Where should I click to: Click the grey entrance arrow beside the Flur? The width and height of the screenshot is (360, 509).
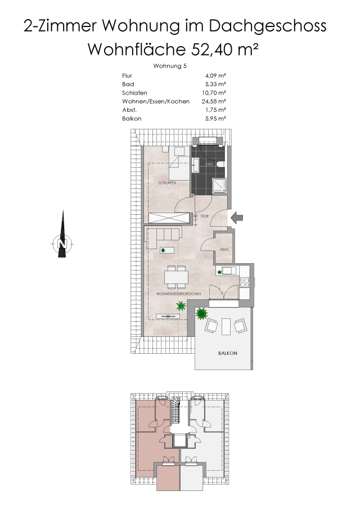(237, 218)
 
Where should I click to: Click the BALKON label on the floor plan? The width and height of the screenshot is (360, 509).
(228, 353)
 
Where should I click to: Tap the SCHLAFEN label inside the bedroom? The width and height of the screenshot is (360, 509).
(167, 183)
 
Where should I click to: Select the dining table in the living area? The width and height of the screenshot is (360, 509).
(176, 277)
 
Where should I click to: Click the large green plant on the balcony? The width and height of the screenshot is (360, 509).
(201, 313)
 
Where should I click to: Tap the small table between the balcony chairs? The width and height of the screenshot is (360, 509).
(226, 326)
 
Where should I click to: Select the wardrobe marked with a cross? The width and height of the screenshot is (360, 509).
(169, 218)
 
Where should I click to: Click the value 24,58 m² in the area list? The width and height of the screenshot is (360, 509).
(214, 101)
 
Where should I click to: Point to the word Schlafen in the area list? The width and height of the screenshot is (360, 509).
(134, 93)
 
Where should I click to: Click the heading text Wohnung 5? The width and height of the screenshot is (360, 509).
(170, 66)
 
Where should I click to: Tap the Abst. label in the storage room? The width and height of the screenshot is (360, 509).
(224, 249)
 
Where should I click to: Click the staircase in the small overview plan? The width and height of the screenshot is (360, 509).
(175, 409)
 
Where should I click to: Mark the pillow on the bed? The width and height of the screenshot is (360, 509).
(179, 152)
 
